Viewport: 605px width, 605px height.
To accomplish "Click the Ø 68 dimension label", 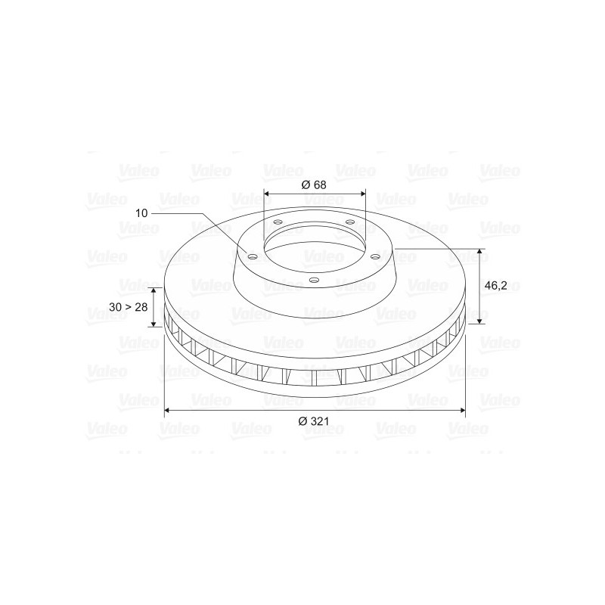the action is [x=314, y=185].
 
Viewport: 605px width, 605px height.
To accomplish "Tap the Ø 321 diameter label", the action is [x=314, y=421].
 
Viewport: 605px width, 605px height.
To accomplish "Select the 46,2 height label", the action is [x=496, y=286].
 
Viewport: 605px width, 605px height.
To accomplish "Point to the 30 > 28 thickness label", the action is [x=128, y=307].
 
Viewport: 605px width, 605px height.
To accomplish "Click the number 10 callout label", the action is [x=141, y=213].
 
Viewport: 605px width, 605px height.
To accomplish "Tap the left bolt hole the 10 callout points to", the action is [x=252, y=257].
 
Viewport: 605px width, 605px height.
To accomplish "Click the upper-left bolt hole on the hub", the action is [x=278, y=222].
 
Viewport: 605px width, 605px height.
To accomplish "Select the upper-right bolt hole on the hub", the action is [x=350, y=222].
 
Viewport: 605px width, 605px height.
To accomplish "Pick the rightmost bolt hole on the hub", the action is [x=374, y=256].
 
